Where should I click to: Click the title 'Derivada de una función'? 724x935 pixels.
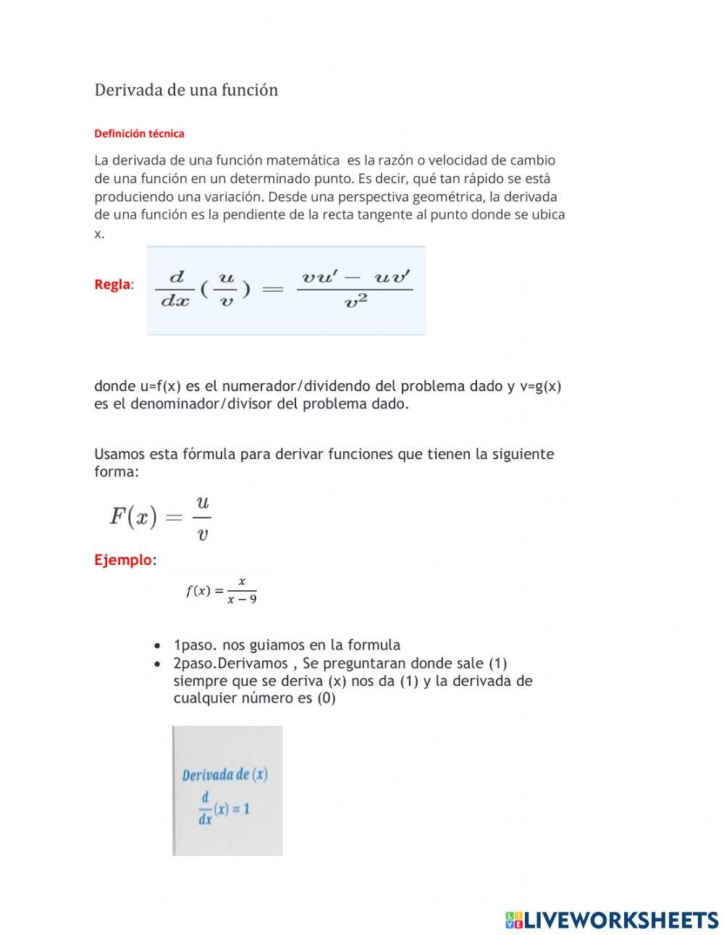186,90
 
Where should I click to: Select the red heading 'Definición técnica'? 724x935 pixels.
139,133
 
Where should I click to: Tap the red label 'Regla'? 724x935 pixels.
112,285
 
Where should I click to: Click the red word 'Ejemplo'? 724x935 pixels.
123,560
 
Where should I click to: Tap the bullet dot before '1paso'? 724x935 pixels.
158,646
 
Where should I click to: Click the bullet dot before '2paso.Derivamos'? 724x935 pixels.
158,664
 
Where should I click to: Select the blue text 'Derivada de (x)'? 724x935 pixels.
224,775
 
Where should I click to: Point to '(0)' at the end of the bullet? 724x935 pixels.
326,699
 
